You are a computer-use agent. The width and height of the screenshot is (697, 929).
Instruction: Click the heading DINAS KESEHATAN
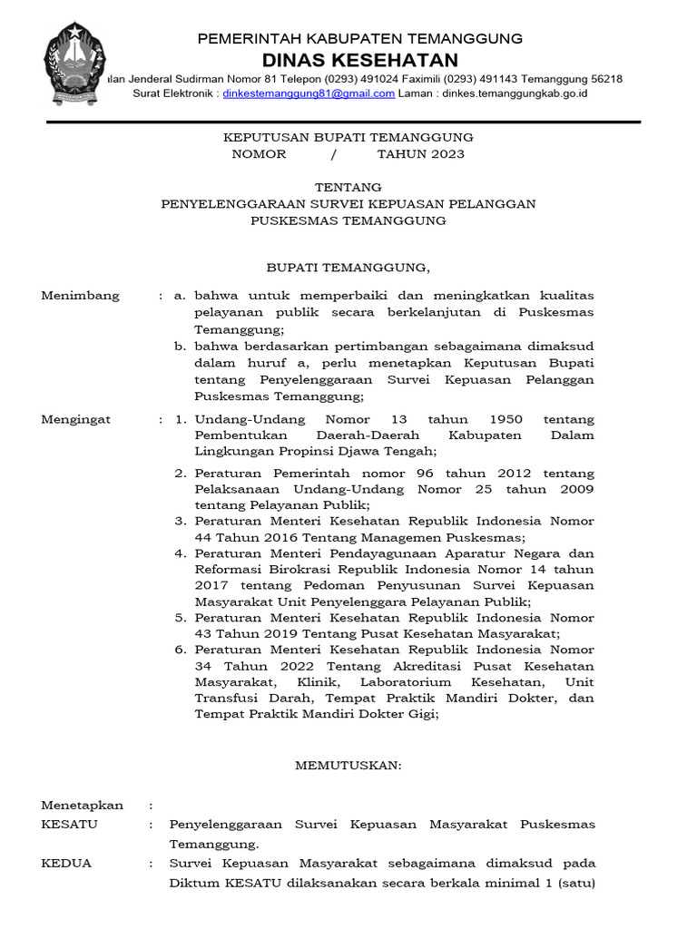point(360,60)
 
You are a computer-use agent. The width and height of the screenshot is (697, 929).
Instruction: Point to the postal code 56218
point(604,79)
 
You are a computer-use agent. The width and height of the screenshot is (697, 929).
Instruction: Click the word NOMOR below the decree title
point(259,154)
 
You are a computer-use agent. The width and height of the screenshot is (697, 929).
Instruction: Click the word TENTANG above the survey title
point(348,188)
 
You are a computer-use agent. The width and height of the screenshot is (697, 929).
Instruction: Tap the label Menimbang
point(80,296)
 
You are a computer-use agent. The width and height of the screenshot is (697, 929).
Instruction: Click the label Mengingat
point(76,419)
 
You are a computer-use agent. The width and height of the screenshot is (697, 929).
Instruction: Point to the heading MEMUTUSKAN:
point(348,766)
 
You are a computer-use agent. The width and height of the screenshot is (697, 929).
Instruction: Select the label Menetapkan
point(82,805)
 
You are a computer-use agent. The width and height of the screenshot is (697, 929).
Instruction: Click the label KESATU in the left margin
point(70,825)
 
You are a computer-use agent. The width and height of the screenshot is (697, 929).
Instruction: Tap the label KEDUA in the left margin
point(66,864)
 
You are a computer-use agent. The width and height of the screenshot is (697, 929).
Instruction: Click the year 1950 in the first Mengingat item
point(506,419)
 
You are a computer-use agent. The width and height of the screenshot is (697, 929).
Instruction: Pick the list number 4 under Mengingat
point(180,553)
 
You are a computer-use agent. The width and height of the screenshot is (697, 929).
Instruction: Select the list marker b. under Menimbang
point(180,347)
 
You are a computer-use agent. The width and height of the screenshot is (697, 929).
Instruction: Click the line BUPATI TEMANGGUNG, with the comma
point(348,269)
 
